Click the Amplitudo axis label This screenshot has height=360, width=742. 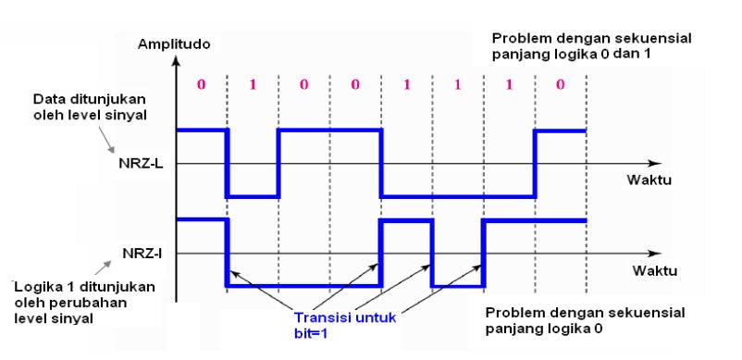tap(173, 43)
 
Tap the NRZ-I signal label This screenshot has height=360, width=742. tap(139, 252)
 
